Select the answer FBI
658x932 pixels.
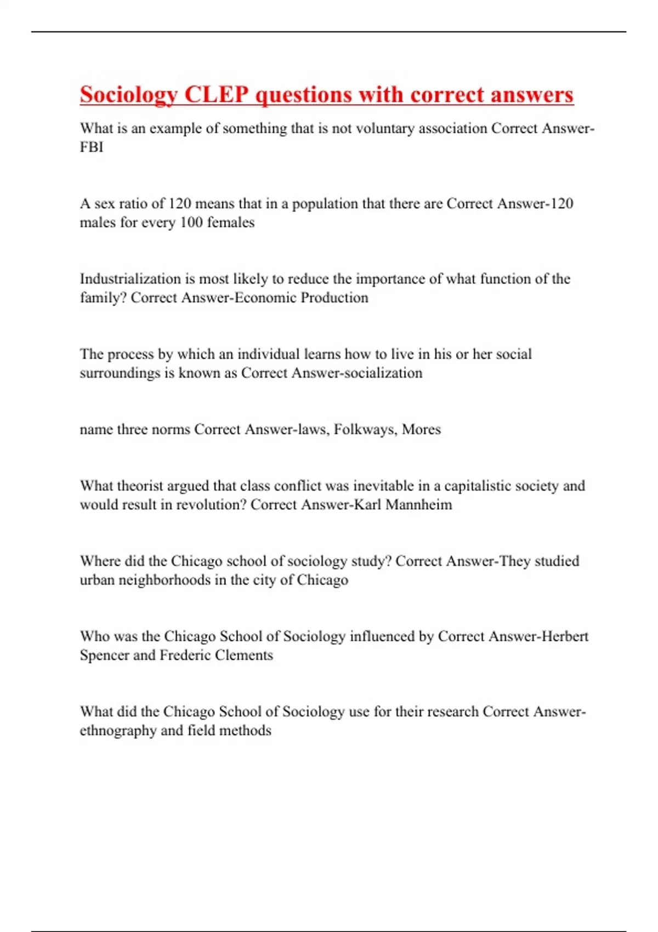coord(92,147)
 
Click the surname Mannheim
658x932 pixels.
coord(419,505)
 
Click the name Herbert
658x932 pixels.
coord(565,637)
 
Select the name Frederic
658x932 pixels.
coord(185,655)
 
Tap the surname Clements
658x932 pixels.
coord(244,655)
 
